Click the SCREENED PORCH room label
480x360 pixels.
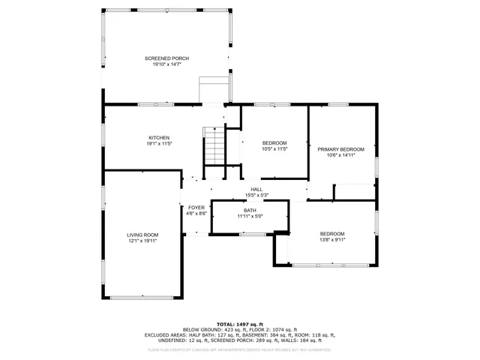pyautogui.click(x=166, y=58)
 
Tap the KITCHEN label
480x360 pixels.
pyautogui.click(x=158, y=137)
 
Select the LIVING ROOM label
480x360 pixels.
pyautogui.click(x=142, y=235)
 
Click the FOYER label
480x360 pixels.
pyautogui.click(x=196, y=207)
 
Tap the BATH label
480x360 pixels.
pyautogui.click(x=249, y=211)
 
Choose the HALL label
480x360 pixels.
pyautogui.click(x=256, y=189)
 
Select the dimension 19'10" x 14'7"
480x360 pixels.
pyautogui.click(x=166, y=64)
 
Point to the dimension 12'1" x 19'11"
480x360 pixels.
pyautogui.click(x=142, y=241)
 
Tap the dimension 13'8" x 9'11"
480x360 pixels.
pyautogui.click(x=332, y=239)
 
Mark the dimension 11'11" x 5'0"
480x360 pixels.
pyautogui.click(x=249, y=217)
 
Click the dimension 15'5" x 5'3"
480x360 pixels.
pyautogui.click(x=256, y=195)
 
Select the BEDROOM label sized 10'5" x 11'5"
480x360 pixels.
pyautogui.click(x=274, y=142)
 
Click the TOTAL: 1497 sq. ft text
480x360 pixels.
pyautogui.click(x=240, y=323)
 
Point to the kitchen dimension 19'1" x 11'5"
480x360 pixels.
pyautogui.click(x=158, y=143)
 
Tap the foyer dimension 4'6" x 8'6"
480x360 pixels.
pyautogui.click(x=196, y=213)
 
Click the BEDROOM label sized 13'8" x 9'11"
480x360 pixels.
pyautogui.click(x=332, y=233)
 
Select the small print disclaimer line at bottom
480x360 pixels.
pyautogui.click(x=240, y=349)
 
